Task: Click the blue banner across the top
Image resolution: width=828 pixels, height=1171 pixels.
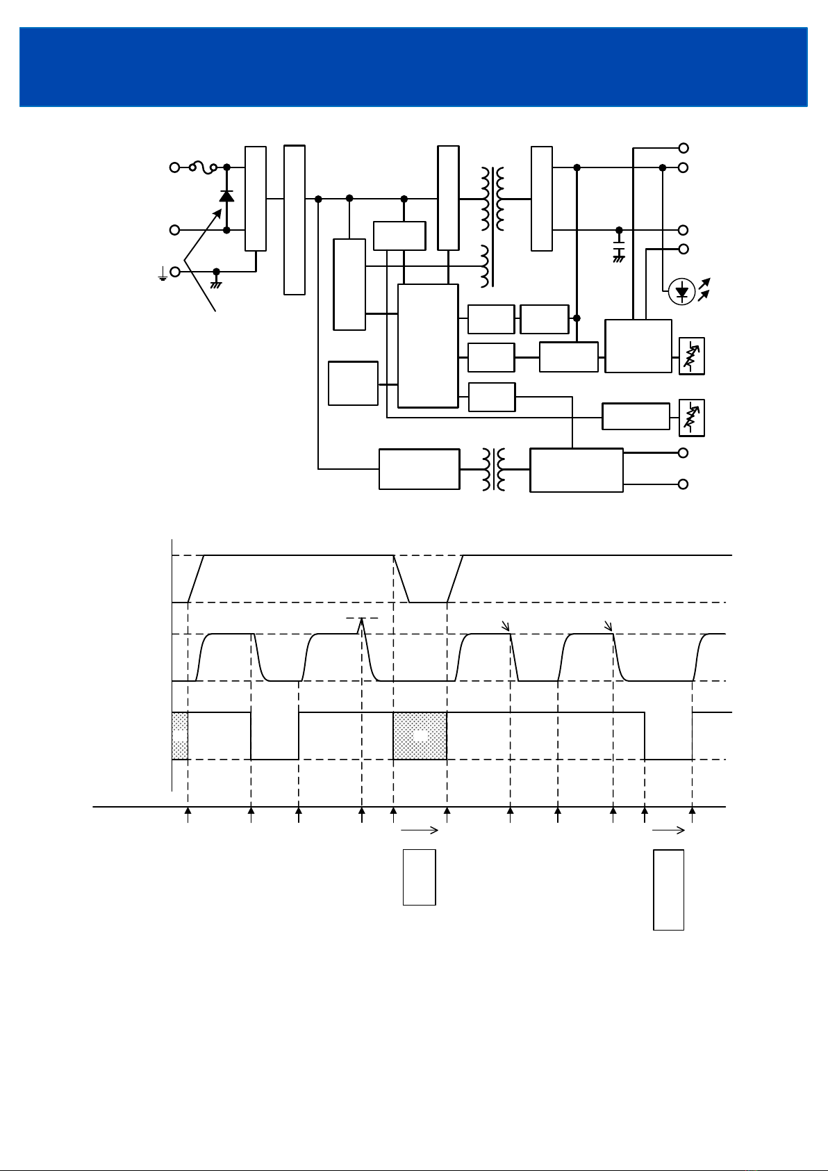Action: [413, 67]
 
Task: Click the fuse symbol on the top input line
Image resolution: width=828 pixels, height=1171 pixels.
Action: [203, 167]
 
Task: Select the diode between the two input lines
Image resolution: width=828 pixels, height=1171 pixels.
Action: [226, 196]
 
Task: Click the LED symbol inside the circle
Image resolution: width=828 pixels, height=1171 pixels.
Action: [682, 292]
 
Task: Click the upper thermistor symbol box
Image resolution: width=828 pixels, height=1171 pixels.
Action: [691, 356]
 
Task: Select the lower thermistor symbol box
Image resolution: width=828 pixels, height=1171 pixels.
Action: [691, 418]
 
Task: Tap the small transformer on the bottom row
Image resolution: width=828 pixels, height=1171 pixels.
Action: [494, 469]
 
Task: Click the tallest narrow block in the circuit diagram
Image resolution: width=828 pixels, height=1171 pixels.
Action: [295, 220]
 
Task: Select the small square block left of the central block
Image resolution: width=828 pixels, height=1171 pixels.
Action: [353, 383]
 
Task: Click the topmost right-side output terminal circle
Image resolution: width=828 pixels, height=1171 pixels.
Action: [684, 148]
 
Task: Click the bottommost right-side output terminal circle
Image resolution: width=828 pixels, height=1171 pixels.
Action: [684, 484]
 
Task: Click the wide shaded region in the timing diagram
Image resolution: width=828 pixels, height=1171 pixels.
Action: [420, 736]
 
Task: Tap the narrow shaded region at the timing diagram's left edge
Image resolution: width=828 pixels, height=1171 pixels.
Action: [180, 736]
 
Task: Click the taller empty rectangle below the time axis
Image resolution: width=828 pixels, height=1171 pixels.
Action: [668, 890]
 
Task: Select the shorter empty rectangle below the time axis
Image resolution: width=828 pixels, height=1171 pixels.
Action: [419, 877]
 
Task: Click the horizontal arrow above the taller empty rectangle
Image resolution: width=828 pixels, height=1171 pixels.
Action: [668, 830]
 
